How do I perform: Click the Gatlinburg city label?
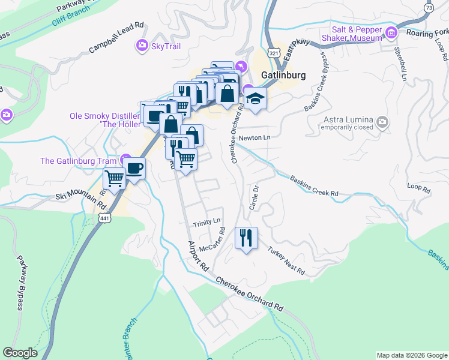pyautogui.click(x=284, y=76)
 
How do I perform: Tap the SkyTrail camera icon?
pyautogui.click(x=143, y=45)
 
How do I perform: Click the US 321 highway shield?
pyautogui.click(x=273, y=54)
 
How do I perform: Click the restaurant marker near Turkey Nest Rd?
pyautogui.click(x=246, y=238)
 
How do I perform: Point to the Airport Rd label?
pyautogui.click(x=197, y=256)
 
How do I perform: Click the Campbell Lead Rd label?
pyautogui.click(x=116, y=38)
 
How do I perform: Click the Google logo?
pyautogui.click(x=20, y=353)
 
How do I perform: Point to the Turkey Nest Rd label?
pyautogui.click(x=286, y=262)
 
